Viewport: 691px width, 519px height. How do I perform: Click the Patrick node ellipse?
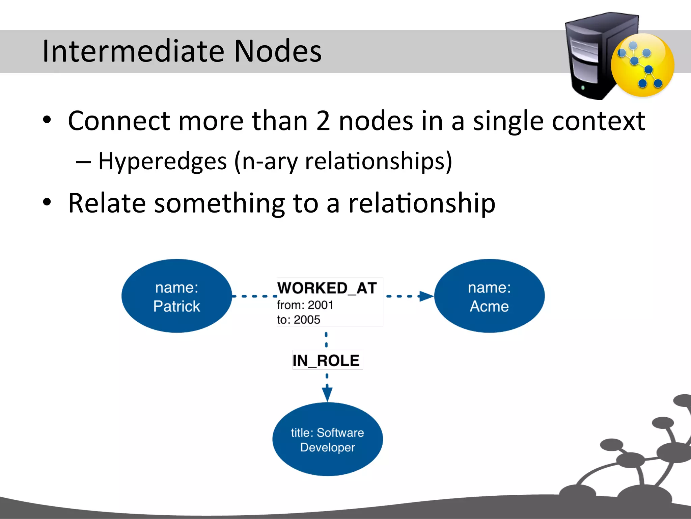tap(176, 296)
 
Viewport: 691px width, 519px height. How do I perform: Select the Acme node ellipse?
tap(489, 296)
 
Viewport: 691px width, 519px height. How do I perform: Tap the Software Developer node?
tap(327, 439)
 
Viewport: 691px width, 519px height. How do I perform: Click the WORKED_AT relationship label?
tap(327, 288)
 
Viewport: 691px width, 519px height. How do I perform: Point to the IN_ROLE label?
tap(326, 361)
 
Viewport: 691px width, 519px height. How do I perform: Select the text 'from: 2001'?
tap(305, 305)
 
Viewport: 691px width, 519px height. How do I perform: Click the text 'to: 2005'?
tap(298, 320)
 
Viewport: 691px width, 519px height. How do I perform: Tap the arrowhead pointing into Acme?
tap(426, 296)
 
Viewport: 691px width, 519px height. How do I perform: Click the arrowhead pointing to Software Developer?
tap(327, 394)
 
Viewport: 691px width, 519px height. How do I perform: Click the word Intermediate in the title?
tap(133, 51)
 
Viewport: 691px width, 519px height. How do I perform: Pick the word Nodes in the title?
tap(278, 51)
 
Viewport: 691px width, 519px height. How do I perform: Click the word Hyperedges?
tap(162, 161)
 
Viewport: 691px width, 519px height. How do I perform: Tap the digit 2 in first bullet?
tap(323, 121)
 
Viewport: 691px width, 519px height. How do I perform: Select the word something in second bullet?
tap(220, 203)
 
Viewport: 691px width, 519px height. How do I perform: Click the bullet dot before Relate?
tap(47, 202)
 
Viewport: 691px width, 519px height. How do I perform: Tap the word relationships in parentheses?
tap(375, 161)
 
